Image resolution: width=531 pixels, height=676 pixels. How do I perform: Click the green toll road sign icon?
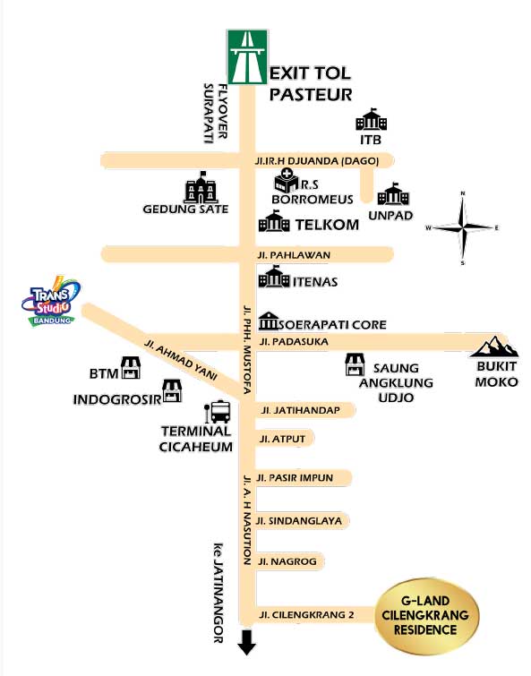[247, 57]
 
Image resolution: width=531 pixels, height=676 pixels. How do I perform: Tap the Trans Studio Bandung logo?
[51, 301]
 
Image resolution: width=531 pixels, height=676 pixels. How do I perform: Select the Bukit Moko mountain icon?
[494, 347]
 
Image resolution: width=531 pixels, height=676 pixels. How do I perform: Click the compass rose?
[462, 227]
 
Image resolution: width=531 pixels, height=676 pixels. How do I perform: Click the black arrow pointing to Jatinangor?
[247, 642]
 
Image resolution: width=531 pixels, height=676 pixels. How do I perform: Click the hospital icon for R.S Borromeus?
[287, 180]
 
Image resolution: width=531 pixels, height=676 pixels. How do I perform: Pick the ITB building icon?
[371, 119]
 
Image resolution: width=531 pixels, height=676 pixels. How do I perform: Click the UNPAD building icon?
[393, 194]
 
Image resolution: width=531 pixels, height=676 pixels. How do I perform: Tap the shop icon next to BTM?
[131, 368]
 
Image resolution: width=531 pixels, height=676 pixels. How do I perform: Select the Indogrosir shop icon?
[172, 390]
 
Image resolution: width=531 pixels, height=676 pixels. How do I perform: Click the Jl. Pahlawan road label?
[294, 255]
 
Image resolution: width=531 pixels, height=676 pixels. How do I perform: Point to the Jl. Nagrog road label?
[287, 561]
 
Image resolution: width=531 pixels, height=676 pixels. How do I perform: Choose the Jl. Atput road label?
[282, 439]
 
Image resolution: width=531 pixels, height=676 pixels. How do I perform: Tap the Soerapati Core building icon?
[269, 321]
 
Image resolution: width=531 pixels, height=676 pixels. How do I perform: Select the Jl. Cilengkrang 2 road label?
[306, 615]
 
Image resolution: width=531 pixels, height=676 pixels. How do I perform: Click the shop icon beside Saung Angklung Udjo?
[355, 364]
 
